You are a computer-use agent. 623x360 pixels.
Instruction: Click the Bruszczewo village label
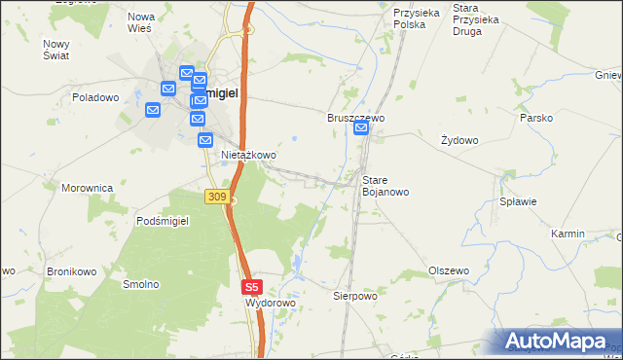click(356, 117)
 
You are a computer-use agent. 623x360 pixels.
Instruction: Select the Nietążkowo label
click(249, 155)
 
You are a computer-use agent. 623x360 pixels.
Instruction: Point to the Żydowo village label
click(459, 140)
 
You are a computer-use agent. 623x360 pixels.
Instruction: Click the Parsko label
click(536, 118)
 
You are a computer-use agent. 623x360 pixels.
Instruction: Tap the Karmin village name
click(568, 234)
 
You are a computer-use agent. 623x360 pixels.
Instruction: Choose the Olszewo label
click(449, 270)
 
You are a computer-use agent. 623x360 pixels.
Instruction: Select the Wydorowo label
click(270, 304)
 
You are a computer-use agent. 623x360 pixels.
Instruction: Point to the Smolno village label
click(140, 284)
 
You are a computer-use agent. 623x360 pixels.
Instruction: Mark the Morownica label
click(88, 188)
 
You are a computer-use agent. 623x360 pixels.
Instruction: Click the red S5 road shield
click(252, 287)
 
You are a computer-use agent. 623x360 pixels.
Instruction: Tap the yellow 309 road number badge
click(217, 198)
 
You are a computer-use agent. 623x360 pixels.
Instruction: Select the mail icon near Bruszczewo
click(361, 128)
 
